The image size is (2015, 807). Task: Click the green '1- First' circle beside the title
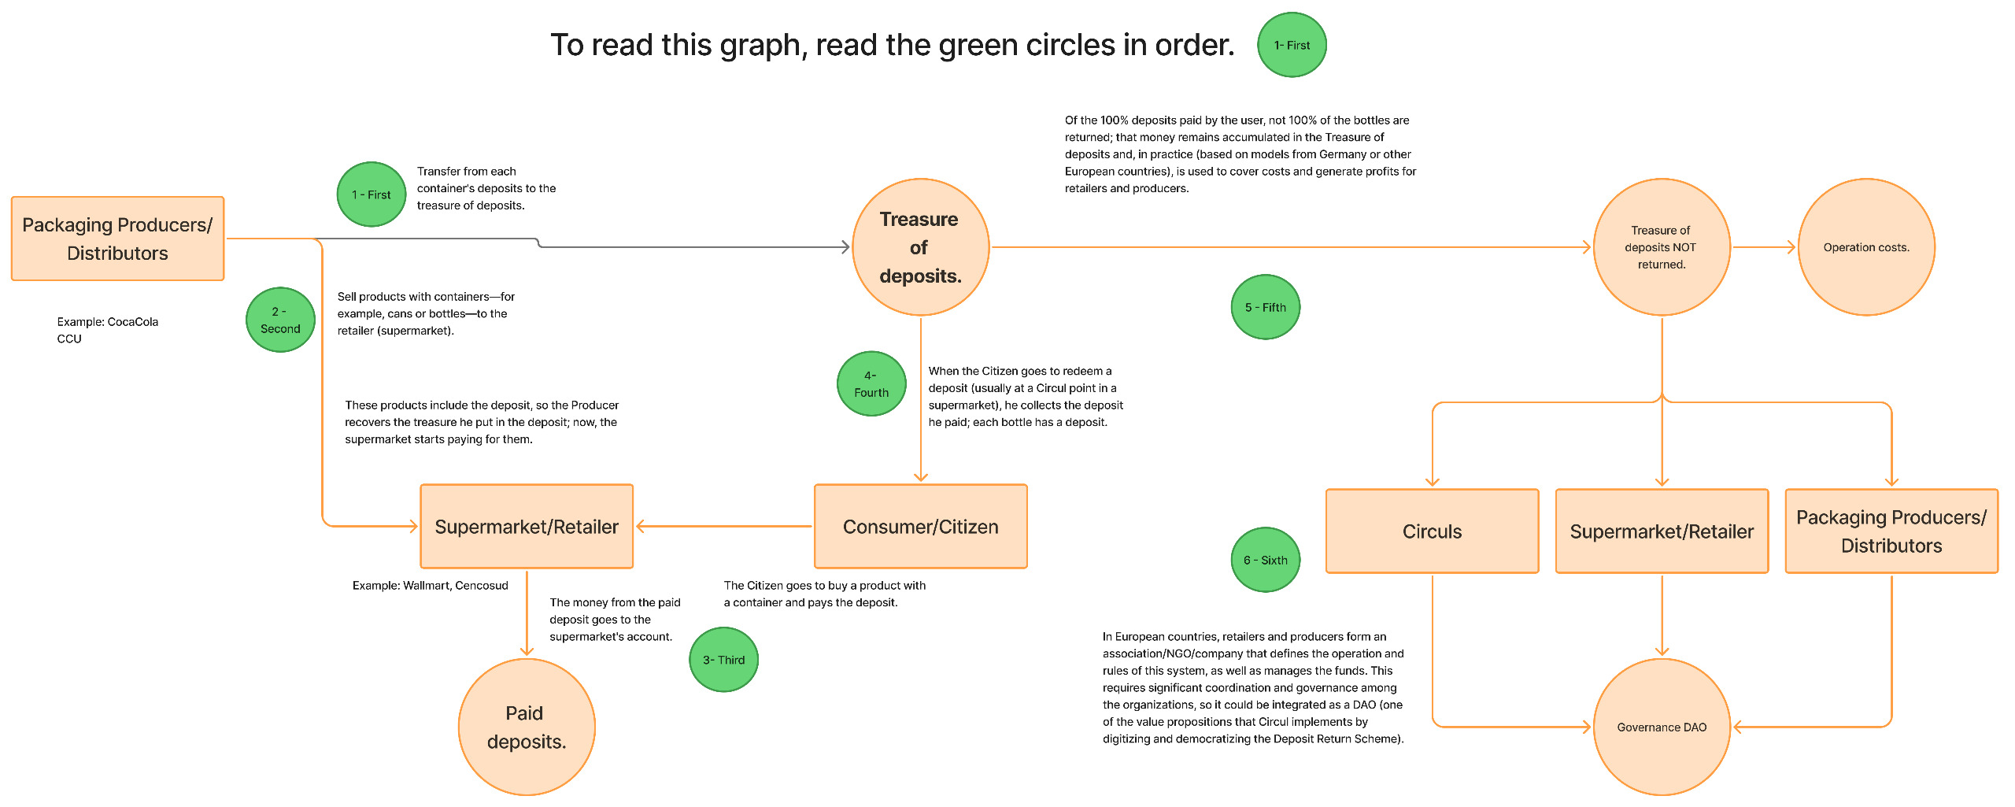coord(1291,45)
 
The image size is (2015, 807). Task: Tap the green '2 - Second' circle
coord(280,320)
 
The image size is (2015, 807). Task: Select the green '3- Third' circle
coord(723,660)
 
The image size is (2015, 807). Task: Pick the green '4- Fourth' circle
coord(871,383)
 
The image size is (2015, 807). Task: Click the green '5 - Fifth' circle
coord(1265,307)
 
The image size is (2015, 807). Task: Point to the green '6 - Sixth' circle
coord(1265,560)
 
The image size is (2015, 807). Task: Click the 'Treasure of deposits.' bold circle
coord(920,247)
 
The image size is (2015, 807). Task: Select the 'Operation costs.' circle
coord(1865,247)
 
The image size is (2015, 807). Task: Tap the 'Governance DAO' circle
coord(1662,727)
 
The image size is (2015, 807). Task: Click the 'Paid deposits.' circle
coord(526,727)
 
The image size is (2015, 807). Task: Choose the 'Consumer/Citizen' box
coord(920,527)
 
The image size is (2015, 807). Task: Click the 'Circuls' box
coord(1432,531)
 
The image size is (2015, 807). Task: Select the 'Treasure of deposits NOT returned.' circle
coord(1661,247)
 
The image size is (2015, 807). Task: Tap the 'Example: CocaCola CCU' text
coord(107,330)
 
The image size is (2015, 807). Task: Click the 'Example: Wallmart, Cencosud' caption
coord(430,585)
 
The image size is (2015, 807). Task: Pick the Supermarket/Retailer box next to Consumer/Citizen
coord(527,527)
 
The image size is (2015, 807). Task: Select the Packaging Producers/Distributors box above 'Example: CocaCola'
coord(117,239)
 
